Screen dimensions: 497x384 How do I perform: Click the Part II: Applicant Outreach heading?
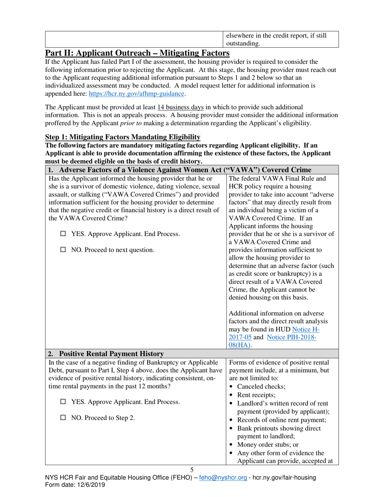pyautogui.click(x=137, y=53)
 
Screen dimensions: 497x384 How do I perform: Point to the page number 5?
pyautogui.click(x=192, y=470)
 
